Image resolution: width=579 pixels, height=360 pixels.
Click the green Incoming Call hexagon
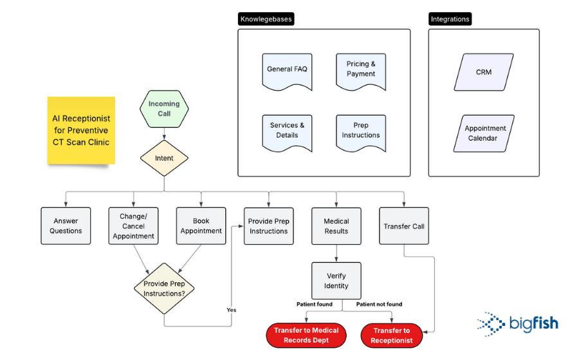click(x=164, y=109)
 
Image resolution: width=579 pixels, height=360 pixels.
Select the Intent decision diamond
click(x=164, y=157)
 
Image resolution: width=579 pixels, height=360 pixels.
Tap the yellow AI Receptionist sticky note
click(x=81, y=130)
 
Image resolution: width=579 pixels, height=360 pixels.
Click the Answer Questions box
click(x=66, y=226)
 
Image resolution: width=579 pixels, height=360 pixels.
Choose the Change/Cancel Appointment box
click(x=134, y=226)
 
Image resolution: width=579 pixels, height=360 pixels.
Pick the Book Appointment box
click(x=201, y=226)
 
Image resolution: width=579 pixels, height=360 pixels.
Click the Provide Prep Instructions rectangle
click(x=269, y=226)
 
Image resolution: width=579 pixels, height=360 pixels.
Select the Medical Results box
click(x=336, y=226)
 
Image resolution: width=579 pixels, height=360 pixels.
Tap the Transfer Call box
click(x=404, y=226)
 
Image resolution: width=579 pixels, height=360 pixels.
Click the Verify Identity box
click(x=336, y=280)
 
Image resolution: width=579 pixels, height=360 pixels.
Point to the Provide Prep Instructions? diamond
click(x=164, y=289)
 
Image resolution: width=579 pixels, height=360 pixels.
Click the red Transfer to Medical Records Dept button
click(x=306, y=335)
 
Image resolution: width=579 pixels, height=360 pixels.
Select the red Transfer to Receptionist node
click(x=391, y=335)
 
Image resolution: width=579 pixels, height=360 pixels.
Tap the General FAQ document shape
click(x=287, y=70)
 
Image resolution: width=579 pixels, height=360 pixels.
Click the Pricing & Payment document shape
click(x=361, y=70)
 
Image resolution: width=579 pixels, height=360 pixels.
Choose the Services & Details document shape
click(x=287, y=131)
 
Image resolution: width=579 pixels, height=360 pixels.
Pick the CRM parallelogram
click(x=484, y=72)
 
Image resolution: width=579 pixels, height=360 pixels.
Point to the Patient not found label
click(x=379, y=304)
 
